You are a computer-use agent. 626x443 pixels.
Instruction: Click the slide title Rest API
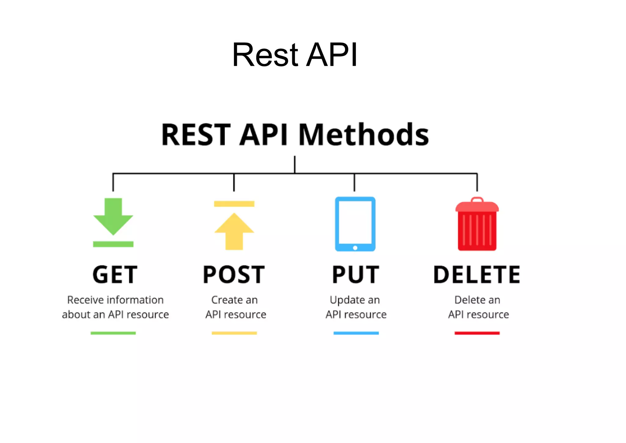[x=294, y=55]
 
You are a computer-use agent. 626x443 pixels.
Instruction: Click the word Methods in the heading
[x=363, y=135]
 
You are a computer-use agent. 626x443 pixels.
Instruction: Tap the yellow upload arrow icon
[x=234, y=231]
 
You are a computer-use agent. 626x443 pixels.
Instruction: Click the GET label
[x=115, y=274]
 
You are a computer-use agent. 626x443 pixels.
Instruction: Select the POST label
[x=234, y=274]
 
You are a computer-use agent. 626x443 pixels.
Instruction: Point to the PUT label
[x=355, y=274]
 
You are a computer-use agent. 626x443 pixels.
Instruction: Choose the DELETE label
[x=477, y=274]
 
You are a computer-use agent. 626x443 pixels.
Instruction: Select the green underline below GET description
[x=113, y=333]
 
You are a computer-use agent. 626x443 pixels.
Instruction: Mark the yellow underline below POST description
[x=234, y=333]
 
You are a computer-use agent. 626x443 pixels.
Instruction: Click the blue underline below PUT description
[x=356, y=333]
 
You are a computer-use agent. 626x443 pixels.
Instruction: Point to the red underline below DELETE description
[x=477, y=333]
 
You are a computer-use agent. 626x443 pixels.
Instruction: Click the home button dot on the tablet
[x=355, y=248]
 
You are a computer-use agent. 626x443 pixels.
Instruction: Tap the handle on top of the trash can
[x=477, y=199]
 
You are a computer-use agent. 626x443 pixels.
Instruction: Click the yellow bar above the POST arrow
[x=234, y=204]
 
